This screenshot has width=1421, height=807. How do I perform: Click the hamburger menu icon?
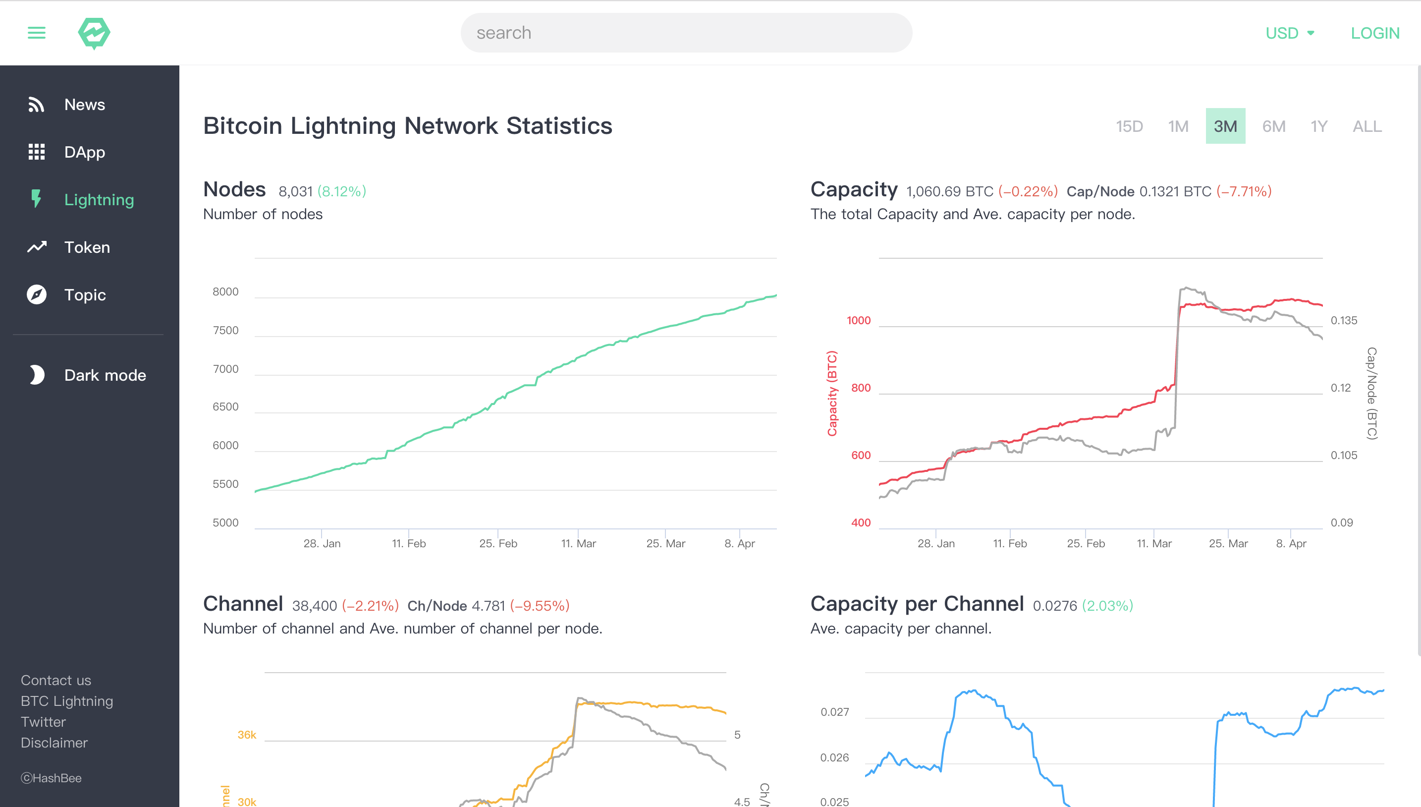(37, 33)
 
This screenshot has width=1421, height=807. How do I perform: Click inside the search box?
(686, 33)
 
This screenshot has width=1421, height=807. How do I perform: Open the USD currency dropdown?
(1290, 33)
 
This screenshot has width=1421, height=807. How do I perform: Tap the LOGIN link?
(1374, 33)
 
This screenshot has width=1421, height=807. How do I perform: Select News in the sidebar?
(84, 105)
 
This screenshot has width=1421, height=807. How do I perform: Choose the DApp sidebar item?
(84, 152)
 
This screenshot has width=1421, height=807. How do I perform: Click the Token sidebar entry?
(87, 247)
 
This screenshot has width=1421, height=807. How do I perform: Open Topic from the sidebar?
(85, 295)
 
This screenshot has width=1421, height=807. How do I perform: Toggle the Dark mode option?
(105, 375)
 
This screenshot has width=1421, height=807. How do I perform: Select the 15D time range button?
(1129, 126)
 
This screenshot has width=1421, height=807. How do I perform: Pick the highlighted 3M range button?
(1225, 126)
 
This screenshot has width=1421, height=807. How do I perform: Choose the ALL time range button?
(1366, 126)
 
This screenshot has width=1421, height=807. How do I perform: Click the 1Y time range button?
(1318, 126)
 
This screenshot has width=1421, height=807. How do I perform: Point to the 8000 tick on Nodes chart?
(225, 291)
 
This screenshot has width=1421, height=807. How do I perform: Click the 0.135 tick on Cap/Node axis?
(1343, 320)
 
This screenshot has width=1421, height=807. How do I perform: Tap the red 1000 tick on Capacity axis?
(858, 320)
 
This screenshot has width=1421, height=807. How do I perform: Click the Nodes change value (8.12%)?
(341, 191)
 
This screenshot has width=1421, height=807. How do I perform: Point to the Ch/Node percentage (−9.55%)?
(540, 606)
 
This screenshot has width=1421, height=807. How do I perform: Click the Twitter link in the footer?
(43, 722)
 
